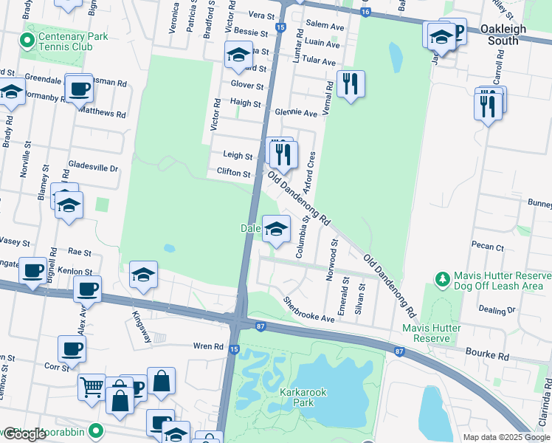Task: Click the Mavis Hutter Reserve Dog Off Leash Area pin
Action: [x=442, y=278]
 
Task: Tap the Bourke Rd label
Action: [x=489, y=356]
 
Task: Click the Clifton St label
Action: [x=234, y=173]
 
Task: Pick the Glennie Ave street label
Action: [x=295, y=113]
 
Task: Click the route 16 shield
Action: [x=366, y=13]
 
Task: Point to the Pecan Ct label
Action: [x=490, y=247]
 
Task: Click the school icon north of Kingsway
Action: [x=143, y=275]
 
